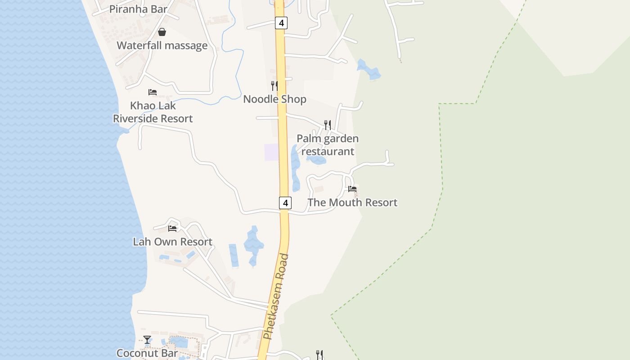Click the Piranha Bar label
pyautogui.click(x=138, y=9)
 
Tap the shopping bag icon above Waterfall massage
pyautogui.click(x=162, y=32)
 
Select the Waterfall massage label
pyautogui.click(x=162, y=45)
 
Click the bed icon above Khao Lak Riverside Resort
pyautogui.click(x=153, y=92)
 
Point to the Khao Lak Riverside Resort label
pyautogui.click(x=153, y=112)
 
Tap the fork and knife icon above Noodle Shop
pyautogui.click(x=274, y=85)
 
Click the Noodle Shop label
pyautogui.click(x=274, y=99)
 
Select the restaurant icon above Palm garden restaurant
pyautogui.click(x=328, y=125)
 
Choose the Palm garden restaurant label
pyautogui.click(x=328, y=145)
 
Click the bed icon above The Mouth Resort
pyautogui.click(x=352, y=189)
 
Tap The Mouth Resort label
pyautogui.click(x=352, y=202)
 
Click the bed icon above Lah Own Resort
pyautogui.click(x=172, y=229)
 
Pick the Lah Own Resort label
pyautogui.click(x=172, y=242)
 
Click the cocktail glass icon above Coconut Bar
pyautogui.click(x=147, y=340)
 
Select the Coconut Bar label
pyautogui.click(x=147, y=353)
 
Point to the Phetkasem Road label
pyautogui.click(x=276, y=297)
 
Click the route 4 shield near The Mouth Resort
pyautogui.click(x=285, y=203)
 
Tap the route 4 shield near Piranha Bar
pyautogui.click(x=281, y=22)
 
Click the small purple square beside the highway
pyautogui.click(x=271, y=152)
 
